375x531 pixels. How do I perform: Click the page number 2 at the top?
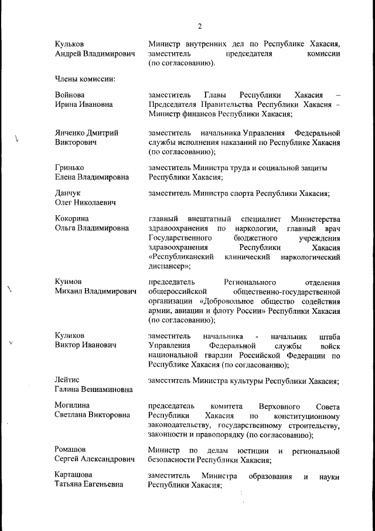(199, 26)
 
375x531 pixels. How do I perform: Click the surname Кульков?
(69, 44)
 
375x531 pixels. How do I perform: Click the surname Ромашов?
(71, 451)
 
